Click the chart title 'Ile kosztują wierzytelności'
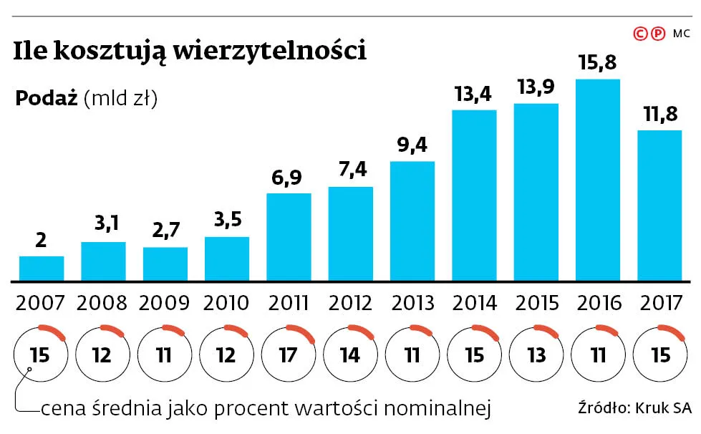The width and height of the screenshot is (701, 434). pyautogui.click(x=190, y=52)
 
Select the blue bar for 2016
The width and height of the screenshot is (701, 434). pyautogui.click(x=598, y=179)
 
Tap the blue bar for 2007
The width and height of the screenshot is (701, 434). pyautogui.click(x=42, y=268)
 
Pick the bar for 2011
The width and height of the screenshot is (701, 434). pyautogui.click(x=289, y=236)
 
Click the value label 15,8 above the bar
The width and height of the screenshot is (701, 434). pyautogui.click(x=598, y=62)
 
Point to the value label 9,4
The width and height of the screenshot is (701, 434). pyautogui.click(x=412, y=145)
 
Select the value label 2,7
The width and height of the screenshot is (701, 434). pyautogui.click(x=165, y=231)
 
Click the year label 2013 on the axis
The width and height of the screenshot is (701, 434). pyautogui.click(x=412, y=302)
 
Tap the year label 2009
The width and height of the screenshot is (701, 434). pyautogui.click(x=165, y=302)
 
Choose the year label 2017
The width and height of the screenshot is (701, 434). pyautogui.click(x=660, y=302)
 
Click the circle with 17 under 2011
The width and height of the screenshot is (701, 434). pyautogui.click(x=289, y=355)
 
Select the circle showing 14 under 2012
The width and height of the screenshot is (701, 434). pyautogui.click(x=350, y=355)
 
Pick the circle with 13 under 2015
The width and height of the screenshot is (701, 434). pyautogui.click(x=536, y=355)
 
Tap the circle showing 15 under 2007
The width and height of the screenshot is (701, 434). pyautogui.click(x=41, y=355)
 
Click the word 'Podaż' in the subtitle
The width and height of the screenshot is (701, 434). pyautogui.click(x=46, y=99)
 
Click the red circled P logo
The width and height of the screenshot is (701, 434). pyautogui.click(x=658, y=33)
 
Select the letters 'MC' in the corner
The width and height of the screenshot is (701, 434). pyautogui.click(x=682, y=33)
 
